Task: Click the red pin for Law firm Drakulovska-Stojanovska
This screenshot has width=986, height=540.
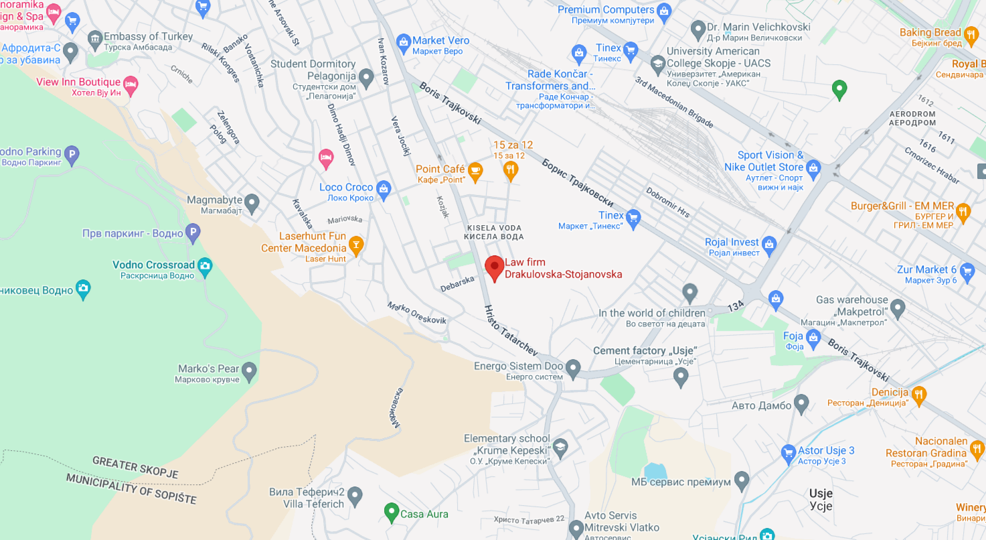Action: tap(495, 267)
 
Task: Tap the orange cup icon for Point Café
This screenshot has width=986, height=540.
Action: tap(475, 171)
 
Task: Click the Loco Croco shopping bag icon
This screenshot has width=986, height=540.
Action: tap(383, 188)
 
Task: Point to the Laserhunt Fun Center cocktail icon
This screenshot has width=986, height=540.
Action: tap(356, 245)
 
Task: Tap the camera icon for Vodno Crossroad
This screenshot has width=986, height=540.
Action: tap(205, 265)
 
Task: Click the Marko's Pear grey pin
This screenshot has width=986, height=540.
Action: tap(249, 370)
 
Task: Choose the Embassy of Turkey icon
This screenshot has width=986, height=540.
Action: tap(94, 38)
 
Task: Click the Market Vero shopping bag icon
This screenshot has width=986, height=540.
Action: tap(403, 42)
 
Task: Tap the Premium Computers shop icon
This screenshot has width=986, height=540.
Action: tap(663, 10)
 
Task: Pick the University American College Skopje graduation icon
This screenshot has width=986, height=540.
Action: tap(657, 63)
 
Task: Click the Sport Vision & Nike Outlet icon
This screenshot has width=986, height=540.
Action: tap(813, 167)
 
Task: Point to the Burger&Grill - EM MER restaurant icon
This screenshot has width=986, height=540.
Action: tap(963, 211)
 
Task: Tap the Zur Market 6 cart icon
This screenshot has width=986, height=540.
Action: tap(967, 271)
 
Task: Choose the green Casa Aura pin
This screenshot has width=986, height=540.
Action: tap(391, 513)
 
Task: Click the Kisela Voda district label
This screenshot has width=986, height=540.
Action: tap(494, 232)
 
